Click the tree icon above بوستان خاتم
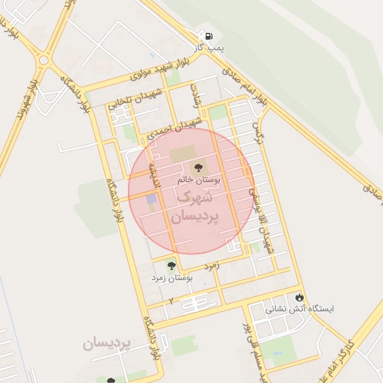[x=198, y=168]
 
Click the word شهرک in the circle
[x=193, y=197]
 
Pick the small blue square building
[x=152, y=199]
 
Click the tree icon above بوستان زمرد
[x=171, y=265]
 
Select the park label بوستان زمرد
[x=172, y=278]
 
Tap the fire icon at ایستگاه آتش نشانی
[x=300, y=296]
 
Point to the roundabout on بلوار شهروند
[x=43, y=61]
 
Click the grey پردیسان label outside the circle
[x=107, y=343]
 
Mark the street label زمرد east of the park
[x=214, y=266]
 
